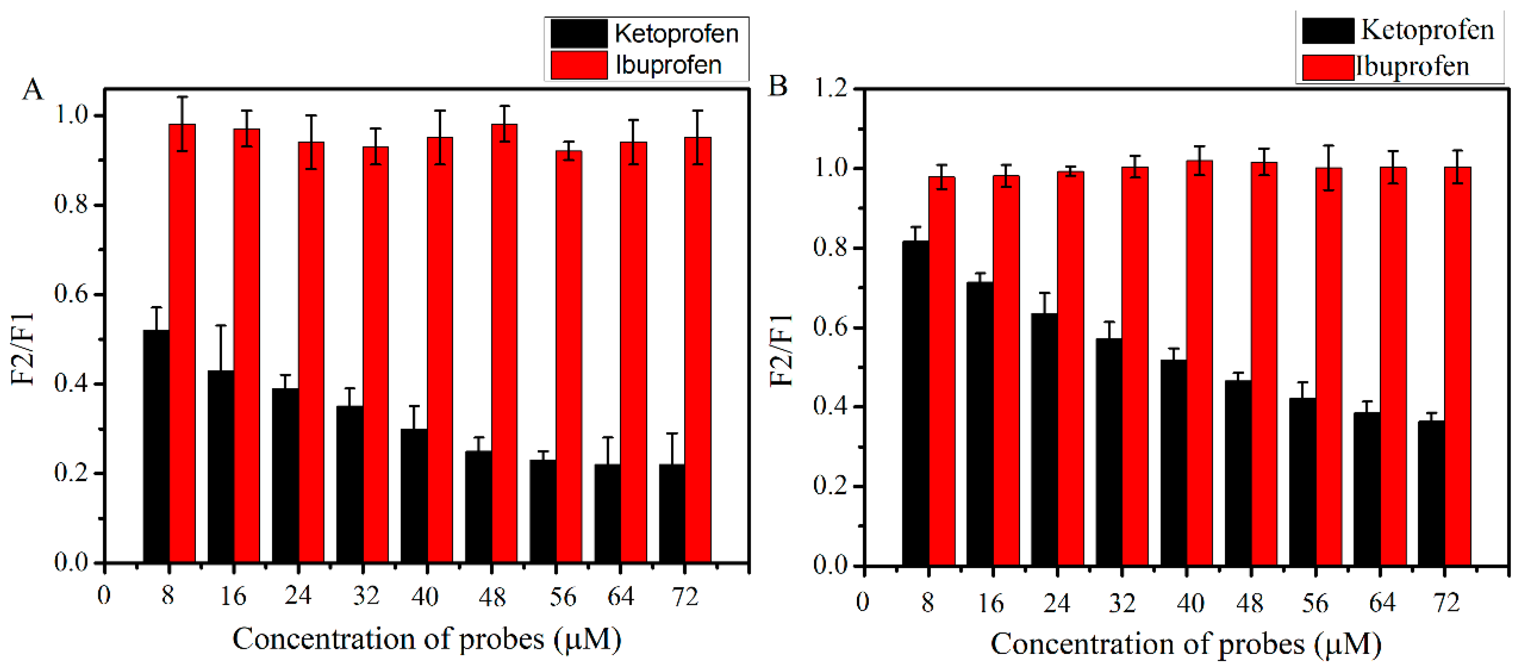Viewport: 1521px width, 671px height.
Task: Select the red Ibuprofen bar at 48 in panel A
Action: point(504,342)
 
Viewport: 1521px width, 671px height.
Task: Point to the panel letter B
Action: point(778,86)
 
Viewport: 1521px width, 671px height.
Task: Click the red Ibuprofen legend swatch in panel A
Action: point(579,65)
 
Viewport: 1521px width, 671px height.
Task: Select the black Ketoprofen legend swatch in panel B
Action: point(1327,31)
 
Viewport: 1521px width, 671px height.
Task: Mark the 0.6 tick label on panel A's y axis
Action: point(71,294)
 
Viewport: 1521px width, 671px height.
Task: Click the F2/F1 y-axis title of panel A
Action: point(24,348)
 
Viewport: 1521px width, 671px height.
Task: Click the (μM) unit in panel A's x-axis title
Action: point(588,639)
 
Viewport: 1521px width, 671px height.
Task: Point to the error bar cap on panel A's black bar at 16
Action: point(221,325)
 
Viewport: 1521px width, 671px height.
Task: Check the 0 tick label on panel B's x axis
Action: point(862,602)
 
